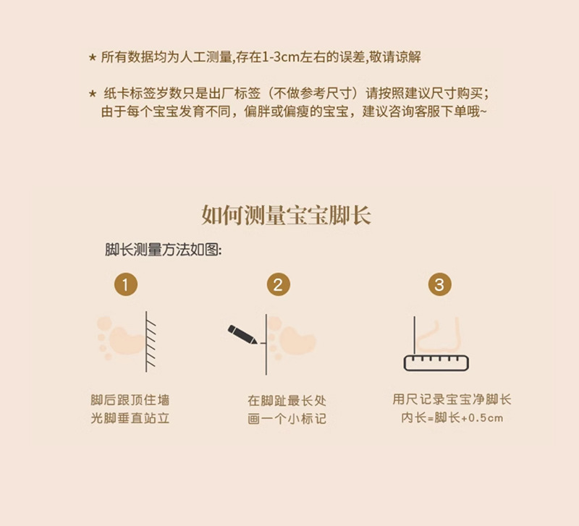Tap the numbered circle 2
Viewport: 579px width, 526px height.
(x=278, y=284)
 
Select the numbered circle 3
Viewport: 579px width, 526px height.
(x=439, y=284)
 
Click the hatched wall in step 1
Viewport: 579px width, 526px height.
(x=152, y=340)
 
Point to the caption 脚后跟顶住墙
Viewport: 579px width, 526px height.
(x=130, y=400)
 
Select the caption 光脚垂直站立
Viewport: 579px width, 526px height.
(x=130, y=418)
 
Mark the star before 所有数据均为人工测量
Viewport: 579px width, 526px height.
(x=92, y=57)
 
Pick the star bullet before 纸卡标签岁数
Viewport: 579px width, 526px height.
(x=92, y=94)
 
